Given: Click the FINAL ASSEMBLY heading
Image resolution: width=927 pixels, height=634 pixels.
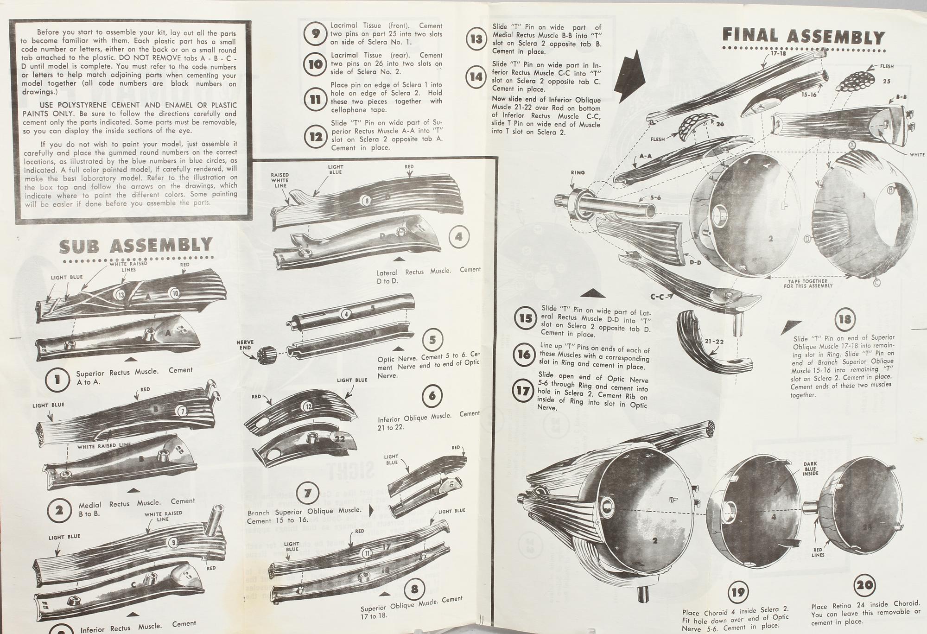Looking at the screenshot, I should pos(804,36).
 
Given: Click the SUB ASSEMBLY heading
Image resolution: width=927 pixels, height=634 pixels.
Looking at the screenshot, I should pos(136,246).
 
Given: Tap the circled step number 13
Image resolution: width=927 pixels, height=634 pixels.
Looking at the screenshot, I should pos(476,39).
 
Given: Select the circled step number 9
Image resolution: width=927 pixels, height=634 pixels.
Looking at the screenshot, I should pos(316,33).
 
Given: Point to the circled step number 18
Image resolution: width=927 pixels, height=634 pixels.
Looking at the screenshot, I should pos(845,319).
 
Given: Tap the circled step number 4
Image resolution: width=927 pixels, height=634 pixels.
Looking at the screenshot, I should pos(458,237).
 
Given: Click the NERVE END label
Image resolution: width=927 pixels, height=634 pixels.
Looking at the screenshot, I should pos(245,345).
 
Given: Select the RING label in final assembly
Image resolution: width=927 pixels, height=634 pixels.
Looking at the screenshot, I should pos(578,172).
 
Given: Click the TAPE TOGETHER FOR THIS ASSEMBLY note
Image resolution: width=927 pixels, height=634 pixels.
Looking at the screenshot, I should pos(808,283).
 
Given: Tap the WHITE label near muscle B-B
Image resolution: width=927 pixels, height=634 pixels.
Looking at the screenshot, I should pos(916,155).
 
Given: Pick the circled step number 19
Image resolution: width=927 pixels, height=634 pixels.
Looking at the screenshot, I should pos(737,592).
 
